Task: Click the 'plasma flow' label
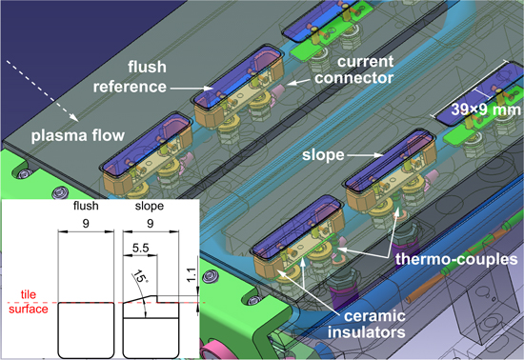tap(77, 136)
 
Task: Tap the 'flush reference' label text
tap(130, 77)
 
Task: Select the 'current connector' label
tap(353, 70)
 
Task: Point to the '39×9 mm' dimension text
tap(486, 110)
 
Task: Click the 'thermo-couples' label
tap(456, 259)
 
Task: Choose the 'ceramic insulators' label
tap(367, 324)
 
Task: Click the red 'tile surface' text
tap(29, 302)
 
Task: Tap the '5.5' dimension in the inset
tap(140, 249)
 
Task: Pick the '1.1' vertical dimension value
tap(191, 275)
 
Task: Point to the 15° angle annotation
tap(140, 277)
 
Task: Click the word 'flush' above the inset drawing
tap(86, 206)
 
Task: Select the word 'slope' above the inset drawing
tap(150, 206)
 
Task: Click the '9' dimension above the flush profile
tap(86, 224)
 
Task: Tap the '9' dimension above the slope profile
tap(151, 224)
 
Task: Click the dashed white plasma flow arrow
tap(42, 90)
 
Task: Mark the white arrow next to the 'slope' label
tap(365, 155)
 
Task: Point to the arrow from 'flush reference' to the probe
tap(191, 89)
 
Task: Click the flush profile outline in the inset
tap(86, 330)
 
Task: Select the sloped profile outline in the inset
tap(151, 327)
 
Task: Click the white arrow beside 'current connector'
tap(298, 82)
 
